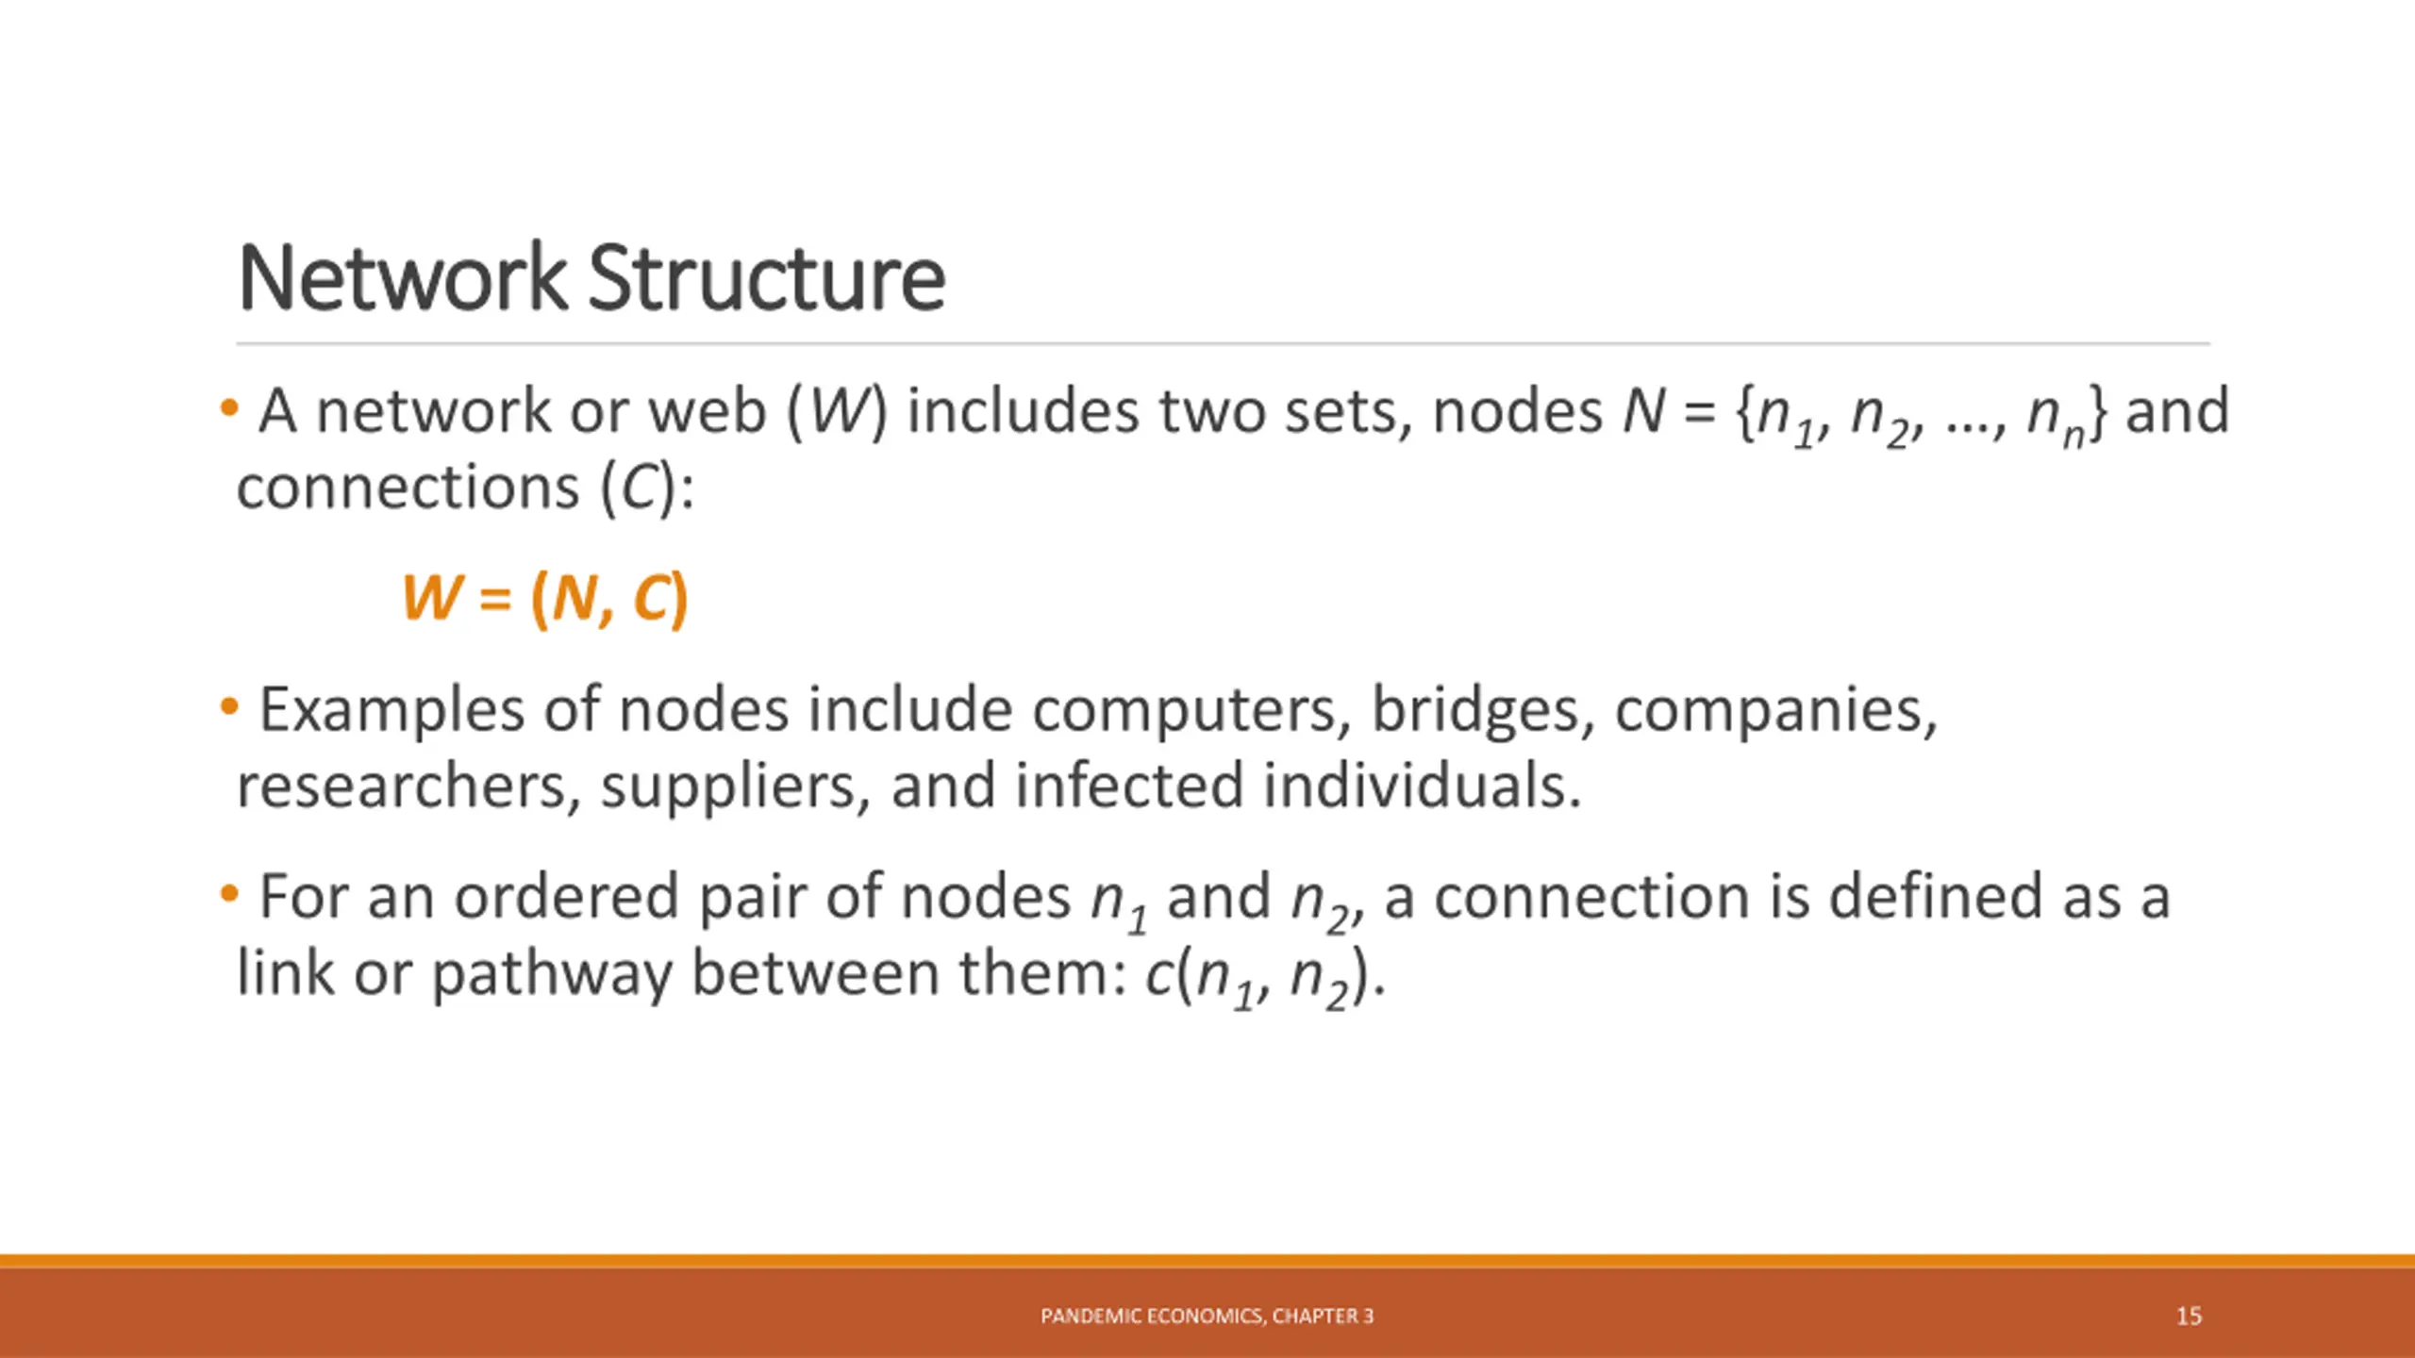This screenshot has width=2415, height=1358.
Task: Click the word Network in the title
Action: coord(402,278)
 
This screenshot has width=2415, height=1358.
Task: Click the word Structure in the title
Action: coord(766,278)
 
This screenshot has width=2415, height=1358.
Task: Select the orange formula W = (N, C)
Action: coord(545,598)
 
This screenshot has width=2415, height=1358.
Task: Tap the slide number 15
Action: coord(2189,1317)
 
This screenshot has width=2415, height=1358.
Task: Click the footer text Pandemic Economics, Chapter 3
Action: coord(1207,1317)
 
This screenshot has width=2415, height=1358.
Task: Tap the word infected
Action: coord(1129,787)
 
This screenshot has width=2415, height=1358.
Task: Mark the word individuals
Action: coord(1421,787)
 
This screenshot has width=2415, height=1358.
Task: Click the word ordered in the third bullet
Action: coord(566,897)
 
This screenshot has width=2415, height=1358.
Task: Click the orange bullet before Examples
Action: coord(228,706)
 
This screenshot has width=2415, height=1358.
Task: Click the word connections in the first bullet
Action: coord(408,489)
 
